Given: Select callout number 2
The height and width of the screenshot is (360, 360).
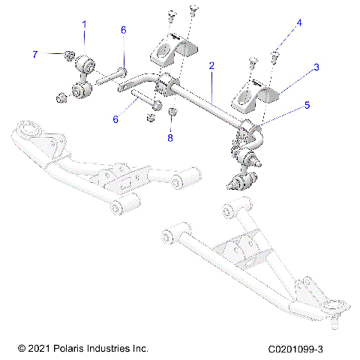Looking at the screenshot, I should tap(212, 66).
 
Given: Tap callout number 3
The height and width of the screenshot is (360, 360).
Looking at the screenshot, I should tap(316, 67).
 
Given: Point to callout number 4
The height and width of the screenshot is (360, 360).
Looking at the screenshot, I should tap(299, 23).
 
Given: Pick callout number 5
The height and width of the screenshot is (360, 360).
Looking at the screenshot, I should tap(305, 106).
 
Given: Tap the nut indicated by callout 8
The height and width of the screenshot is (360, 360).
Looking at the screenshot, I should tap(172, 114).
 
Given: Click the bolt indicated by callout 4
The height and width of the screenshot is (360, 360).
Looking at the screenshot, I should tap(274, 53).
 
